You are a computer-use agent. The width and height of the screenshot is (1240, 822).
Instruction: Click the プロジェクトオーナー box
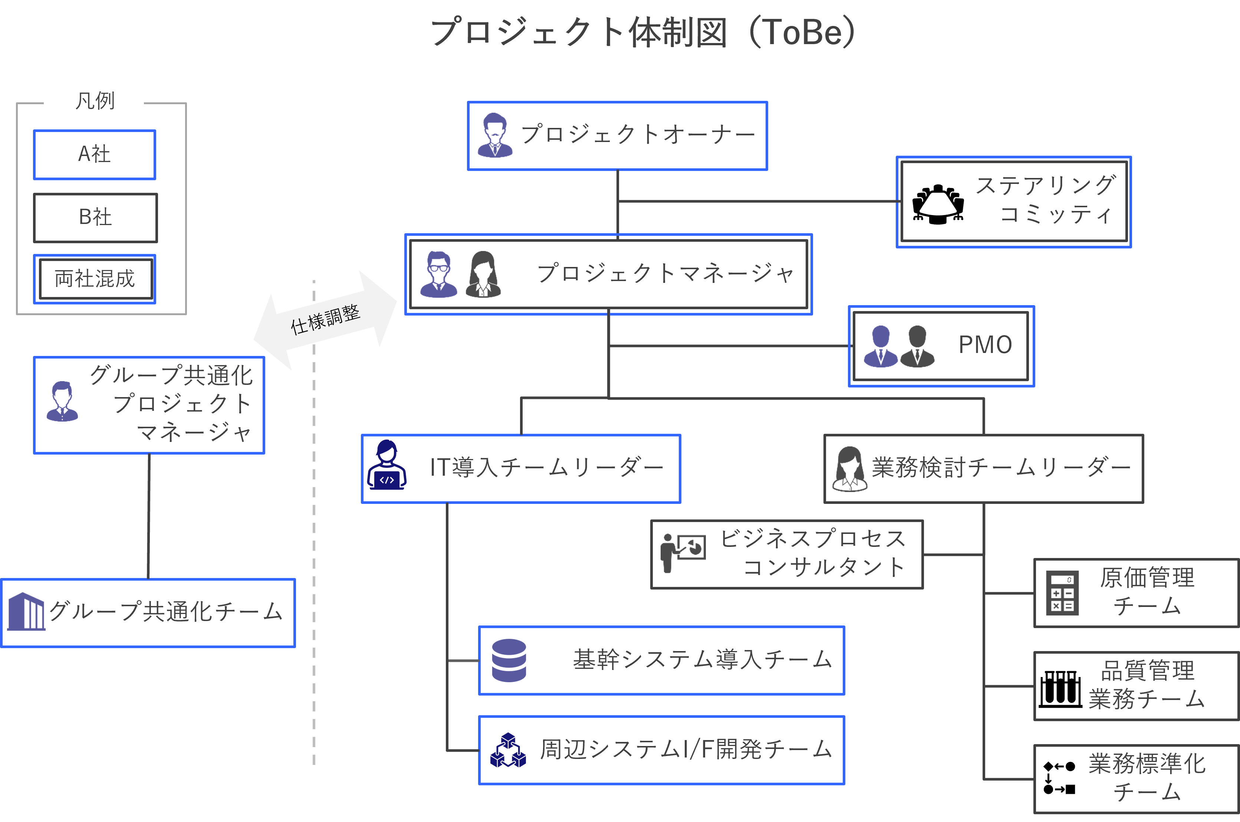coord(617,136)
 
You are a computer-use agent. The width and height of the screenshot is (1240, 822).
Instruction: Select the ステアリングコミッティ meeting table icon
coord(938,204)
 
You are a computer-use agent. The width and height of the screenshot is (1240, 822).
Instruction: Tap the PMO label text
coord(985,345)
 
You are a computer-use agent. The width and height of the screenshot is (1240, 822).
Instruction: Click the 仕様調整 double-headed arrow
coord(325,319)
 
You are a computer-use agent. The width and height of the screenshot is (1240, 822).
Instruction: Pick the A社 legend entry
coord(94,155)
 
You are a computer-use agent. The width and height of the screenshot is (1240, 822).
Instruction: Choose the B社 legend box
coord(95,218)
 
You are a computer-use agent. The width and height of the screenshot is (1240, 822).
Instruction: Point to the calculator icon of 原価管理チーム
coord(1062,592)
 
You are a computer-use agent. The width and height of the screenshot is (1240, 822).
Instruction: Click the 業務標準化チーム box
coord(1136,779)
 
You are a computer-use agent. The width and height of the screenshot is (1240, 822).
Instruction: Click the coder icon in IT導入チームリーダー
coord(387,466)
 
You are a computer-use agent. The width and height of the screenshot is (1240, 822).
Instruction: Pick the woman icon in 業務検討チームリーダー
coord(849,469)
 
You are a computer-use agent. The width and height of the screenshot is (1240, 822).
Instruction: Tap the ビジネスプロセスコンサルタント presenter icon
coord(682,552)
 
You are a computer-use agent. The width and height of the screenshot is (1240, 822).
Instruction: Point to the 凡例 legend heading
coord(94,100)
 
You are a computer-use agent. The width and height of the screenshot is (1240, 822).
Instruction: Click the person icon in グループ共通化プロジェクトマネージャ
coord(62,402)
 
